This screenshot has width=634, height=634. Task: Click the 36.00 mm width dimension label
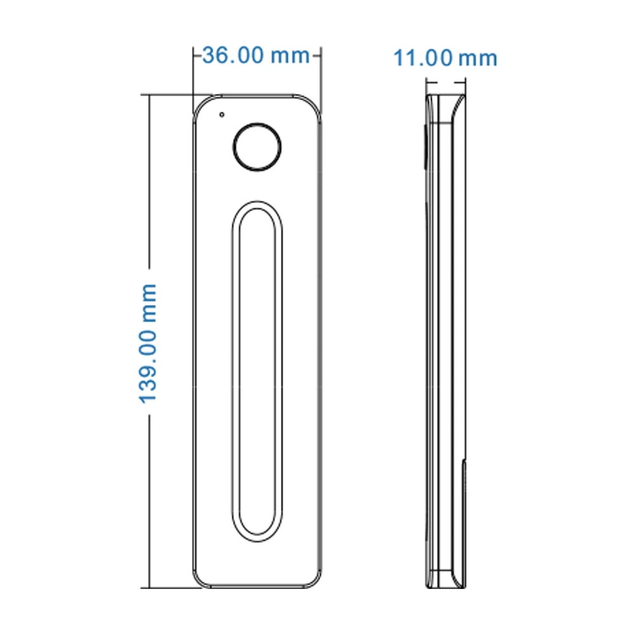coord(256,55)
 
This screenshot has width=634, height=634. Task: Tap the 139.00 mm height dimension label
coord(148,343)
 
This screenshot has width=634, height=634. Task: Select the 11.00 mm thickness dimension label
coord(445,58)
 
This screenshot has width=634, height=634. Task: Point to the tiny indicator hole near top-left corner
coord(221,115)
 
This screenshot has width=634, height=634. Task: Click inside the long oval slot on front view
coord(257,371)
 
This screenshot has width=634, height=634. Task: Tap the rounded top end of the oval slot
coord(257,202)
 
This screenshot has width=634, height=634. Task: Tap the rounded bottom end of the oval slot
coord(257,540)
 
